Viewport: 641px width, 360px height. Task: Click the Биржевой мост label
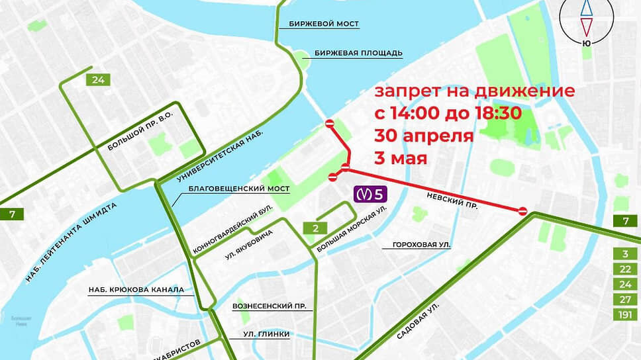[324, 24]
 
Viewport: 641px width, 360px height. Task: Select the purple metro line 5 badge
[373, 194]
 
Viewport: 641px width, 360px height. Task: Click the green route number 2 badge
[316, 228]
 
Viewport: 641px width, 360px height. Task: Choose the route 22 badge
[624, 269]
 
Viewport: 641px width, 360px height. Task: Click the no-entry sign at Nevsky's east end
[522, 211]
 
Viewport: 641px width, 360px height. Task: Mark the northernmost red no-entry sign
[330, 124]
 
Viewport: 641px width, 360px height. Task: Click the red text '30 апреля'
[424, 136]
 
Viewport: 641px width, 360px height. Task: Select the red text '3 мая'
[401, 159]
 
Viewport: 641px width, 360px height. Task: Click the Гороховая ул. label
[421, 245]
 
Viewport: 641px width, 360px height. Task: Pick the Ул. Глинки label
[266, 334]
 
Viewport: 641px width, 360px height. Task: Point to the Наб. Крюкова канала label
[136, 290]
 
